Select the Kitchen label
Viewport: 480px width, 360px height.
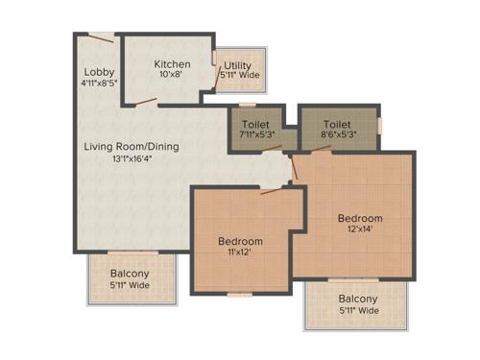173,64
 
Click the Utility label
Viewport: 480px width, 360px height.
238,66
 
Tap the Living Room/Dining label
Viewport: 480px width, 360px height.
131,147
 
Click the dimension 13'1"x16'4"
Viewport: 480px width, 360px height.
131,158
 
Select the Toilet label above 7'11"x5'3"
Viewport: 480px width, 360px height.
255,124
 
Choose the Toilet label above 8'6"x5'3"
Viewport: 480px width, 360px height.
336,124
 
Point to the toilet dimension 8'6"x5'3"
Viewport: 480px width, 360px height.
336,135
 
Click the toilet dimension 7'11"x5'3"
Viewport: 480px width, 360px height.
255,135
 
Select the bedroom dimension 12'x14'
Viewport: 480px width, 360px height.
359,230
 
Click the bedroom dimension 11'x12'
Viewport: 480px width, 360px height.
239,252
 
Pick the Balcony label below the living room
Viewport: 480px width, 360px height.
128,273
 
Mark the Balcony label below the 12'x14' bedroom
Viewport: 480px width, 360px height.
357,299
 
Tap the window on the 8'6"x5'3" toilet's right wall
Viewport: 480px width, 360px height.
381,125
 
